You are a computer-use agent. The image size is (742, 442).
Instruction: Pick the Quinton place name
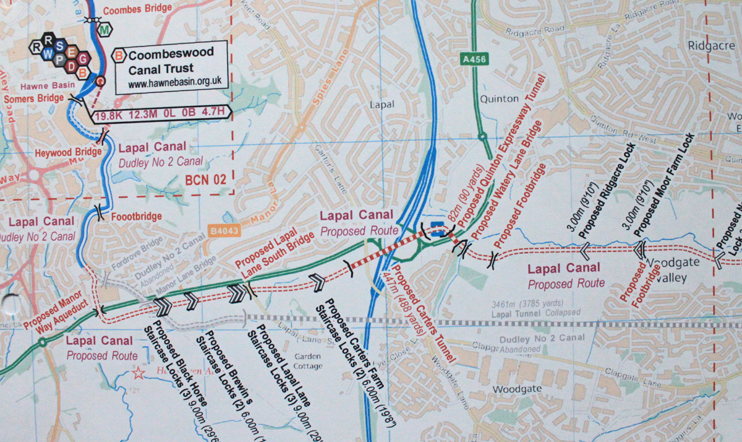click(499, 98)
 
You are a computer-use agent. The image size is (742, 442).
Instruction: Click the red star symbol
click(138, 373)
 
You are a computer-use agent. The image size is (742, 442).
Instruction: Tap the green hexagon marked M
click(106, 29)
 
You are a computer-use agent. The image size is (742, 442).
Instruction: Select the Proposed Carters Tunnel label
click(425, 317)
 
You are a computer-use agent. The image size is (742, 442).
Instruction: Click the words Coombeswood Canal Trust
click(170, 61)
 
